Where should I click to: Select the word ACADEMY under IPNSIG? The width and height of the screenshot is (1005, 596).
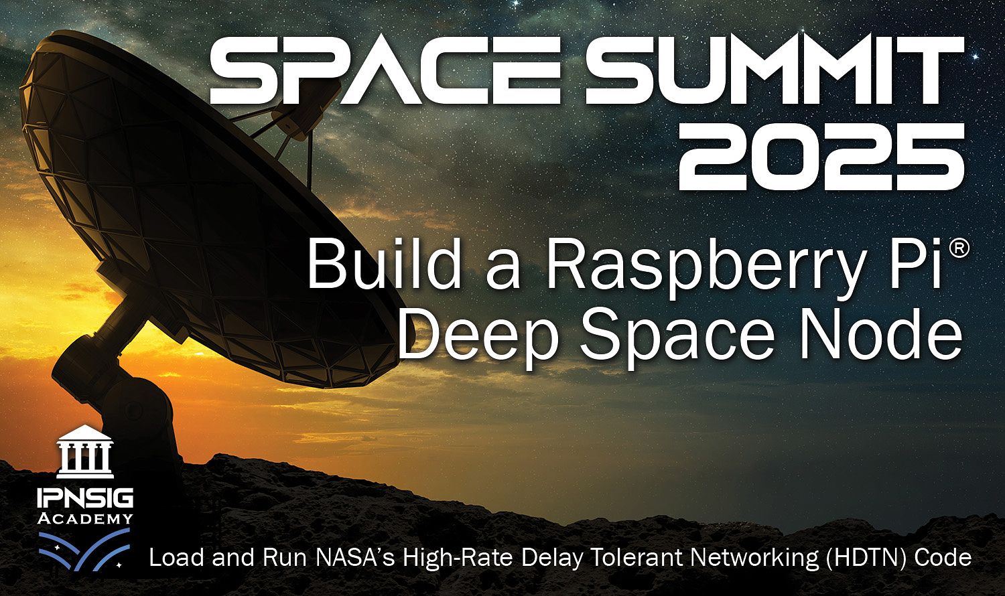tap(85, 519)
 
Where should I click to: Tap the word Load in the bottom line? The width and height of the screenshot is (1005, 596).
tap(172, 558)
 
